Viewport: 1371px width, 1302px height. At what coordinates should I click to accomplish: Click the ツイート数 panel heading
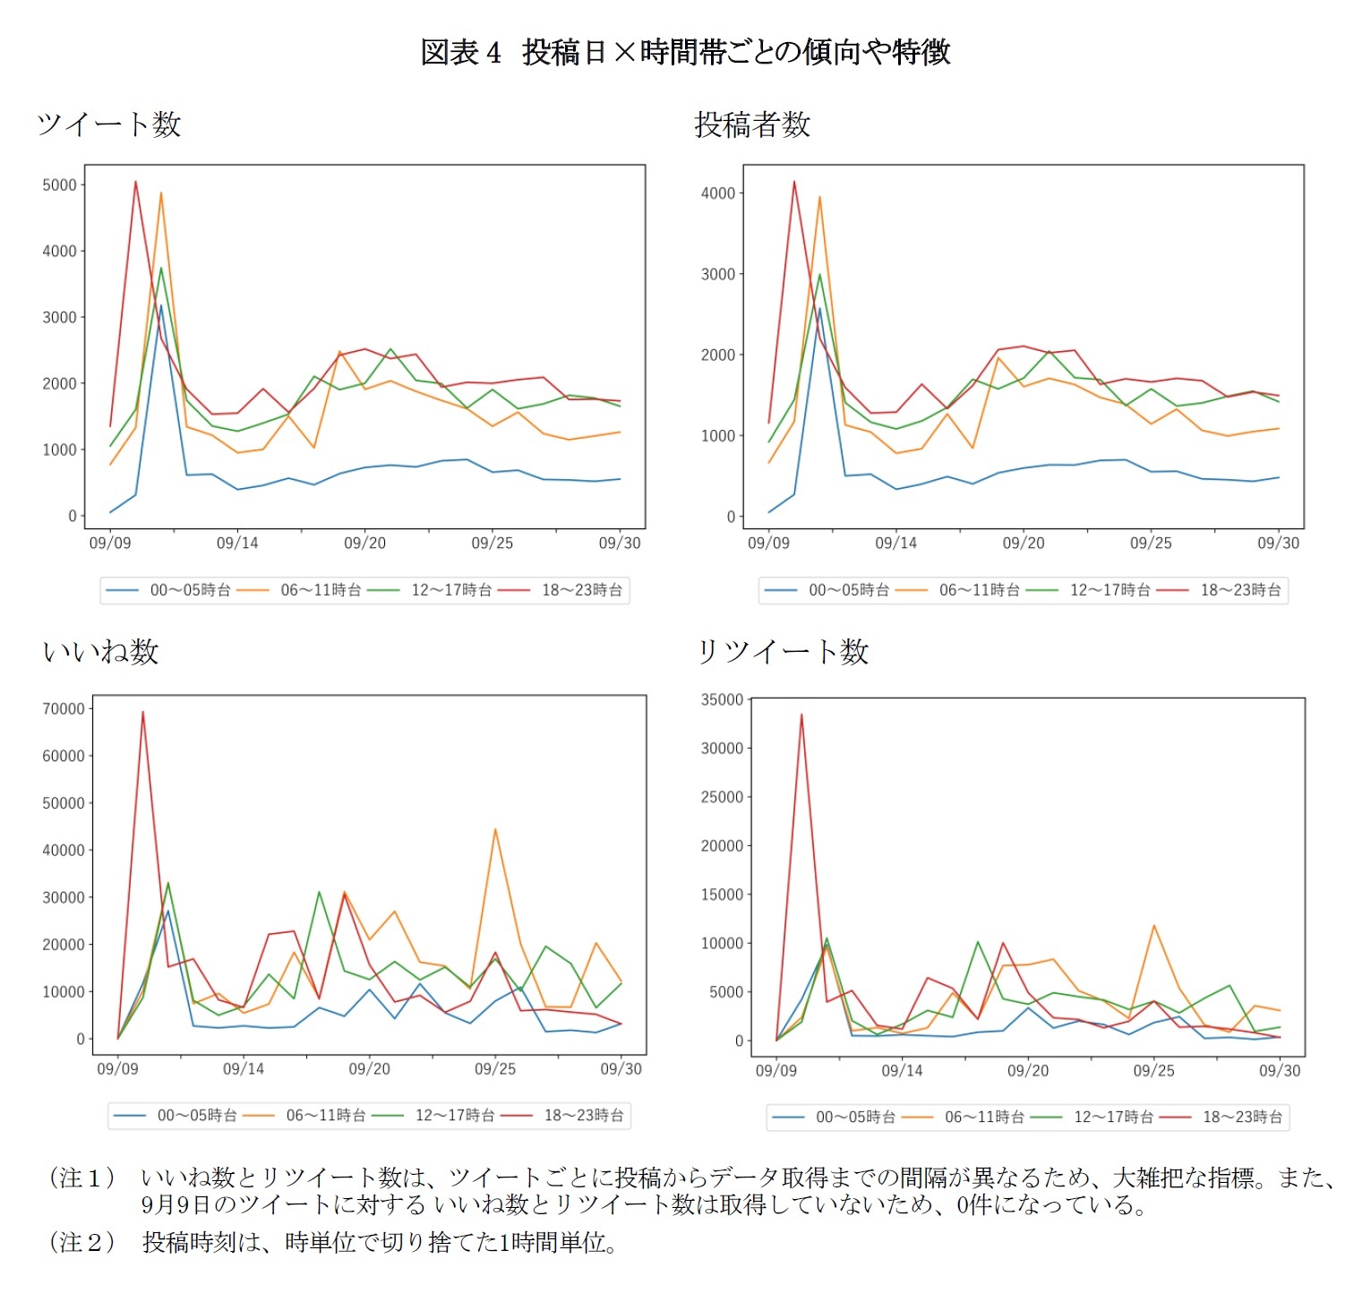tap(109, 124)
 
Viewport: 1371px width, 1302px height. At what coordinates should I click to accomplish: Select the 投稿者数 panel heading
tap(752, 124)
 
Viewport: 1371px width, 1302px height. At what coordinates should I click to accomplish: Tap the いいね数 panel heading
tap(101, 651)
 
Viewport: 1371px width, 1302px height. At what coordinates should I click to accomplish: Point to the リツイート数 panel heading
tap(783, 651)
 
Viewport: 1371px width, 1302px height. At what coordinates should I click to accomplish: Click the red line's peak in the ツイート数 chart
tap(135, 182)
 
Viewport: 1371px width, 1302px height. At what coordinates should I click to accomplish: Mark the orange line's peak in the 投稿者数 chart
tap(819, 197)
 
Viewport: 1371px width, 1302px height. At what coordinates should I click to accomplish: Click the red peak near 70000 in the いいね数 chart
tap(142, 712)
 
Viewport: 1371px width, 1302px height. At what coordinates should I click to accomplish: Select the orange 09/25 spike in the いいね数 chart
tap(495, 829)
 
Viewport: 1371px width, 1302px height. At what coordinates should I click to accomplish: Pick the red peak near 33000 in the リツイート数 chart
tap(801, 715)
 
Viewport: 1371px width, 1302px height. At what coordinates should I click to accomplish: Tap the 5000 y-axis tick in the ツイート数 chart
tap(59, 185)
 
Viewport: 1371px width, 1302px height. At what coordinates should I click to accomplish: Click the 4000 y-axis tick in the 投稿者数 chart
tap(718, 193)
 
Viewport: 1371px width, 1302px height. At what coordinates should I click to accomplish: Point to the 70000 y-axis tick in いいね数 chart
tap(63, 709)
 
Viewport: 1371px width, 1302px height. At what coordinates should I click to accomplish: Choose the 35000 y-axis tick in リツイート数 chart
tap(722, 699)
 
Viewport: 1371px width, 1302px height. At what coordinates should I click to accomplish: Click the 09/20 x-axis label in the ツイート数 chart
tap(364, 543)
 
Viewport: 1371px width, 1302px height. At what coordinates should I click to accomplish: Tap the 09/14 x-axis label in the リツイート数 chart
tap(902, 1070)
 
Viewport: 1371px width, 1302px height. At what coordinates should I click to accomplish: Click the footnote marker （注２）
tap(81, 1242)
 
